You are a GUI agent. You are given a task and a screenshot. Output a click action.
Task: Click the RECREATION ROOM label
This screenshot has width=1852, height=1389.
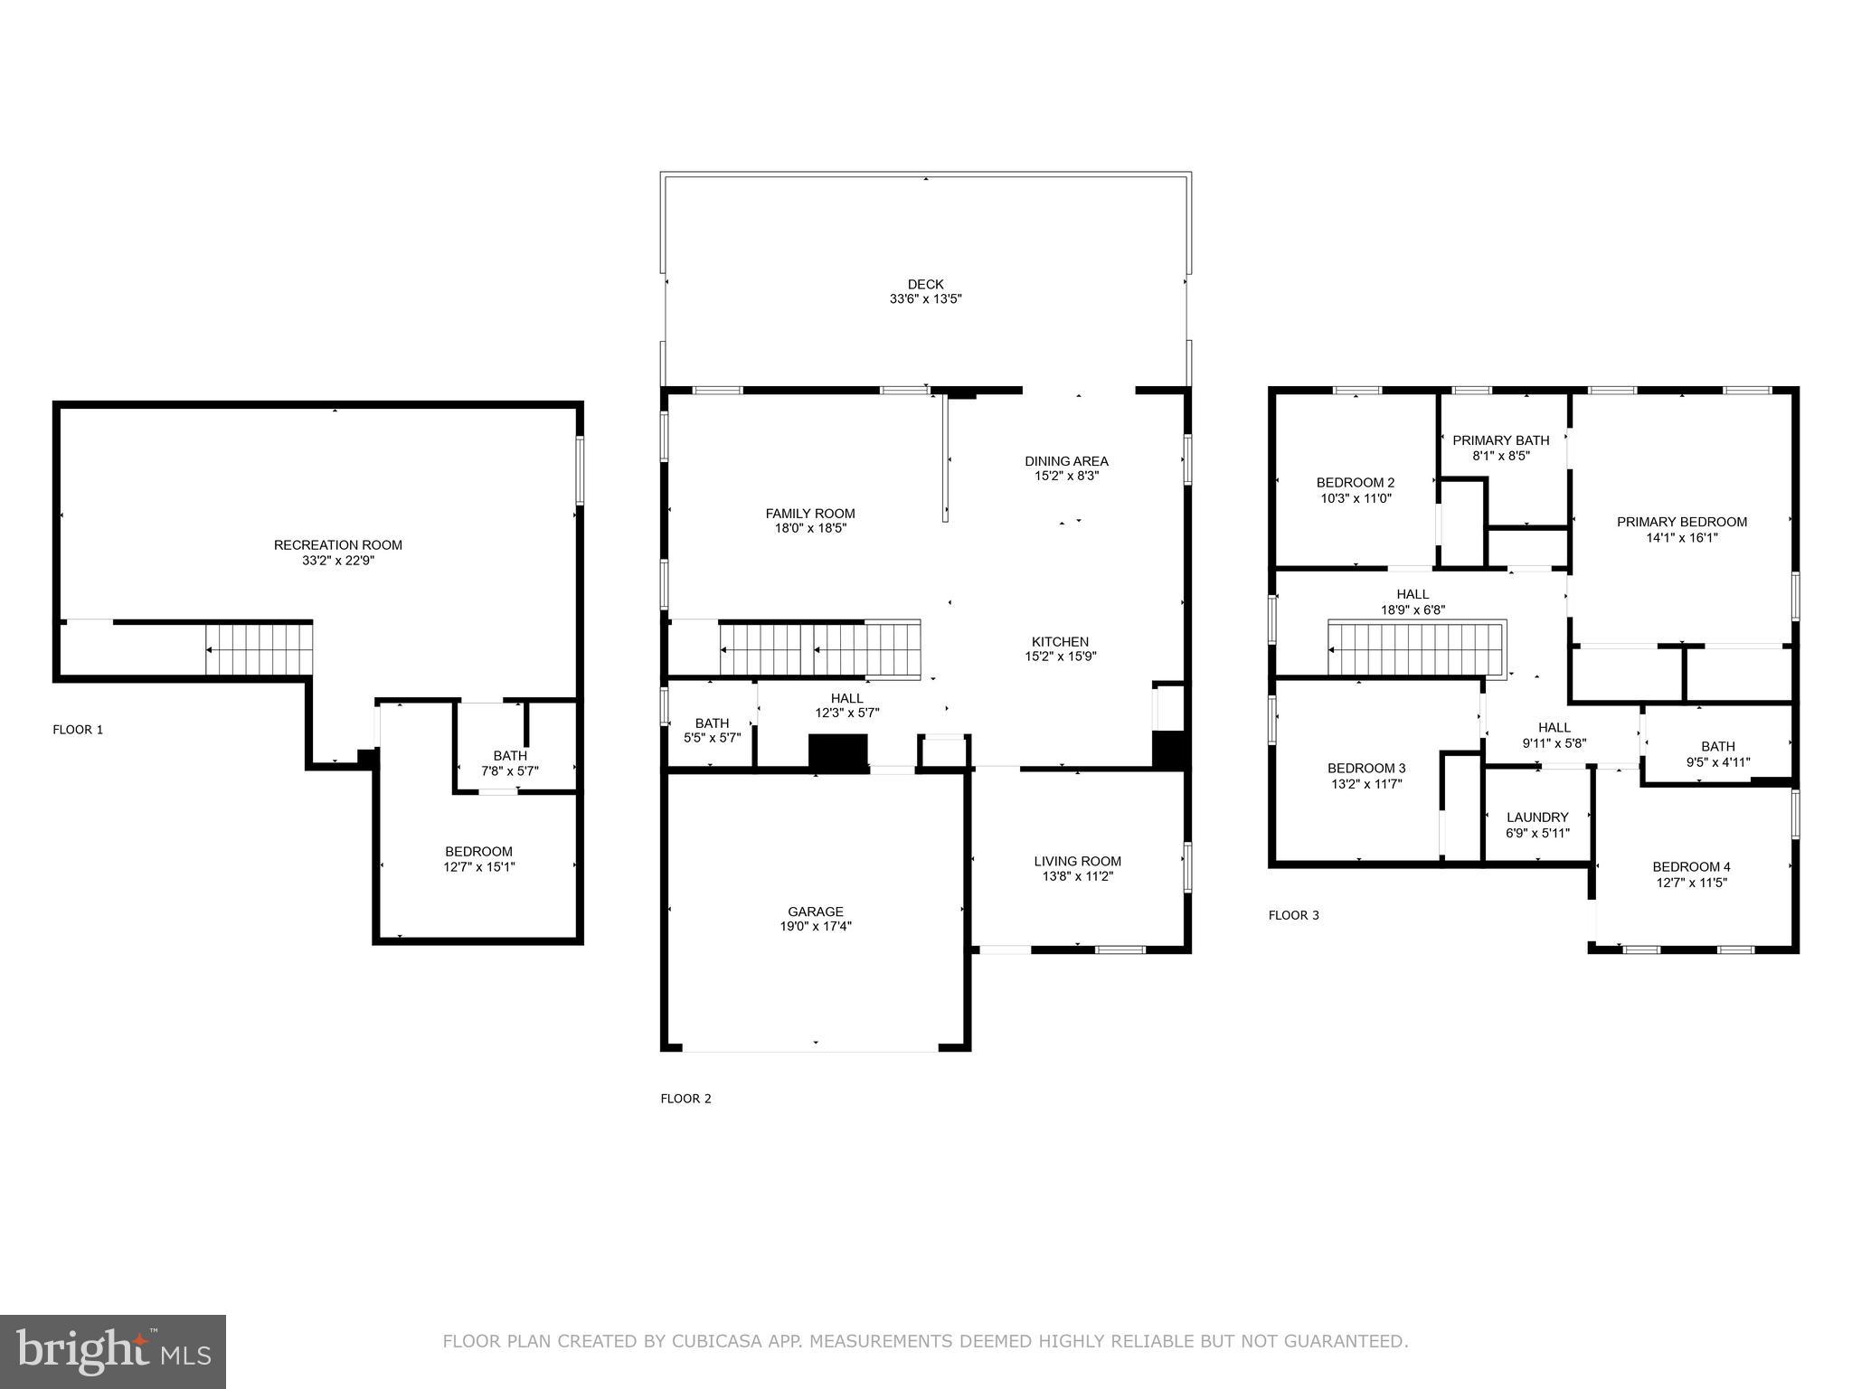pyautogui.click(x=337, y=544)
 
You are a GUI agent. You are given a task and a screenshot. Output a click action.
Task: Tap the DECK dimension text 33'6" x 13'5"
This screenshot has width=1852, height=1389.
pyautogui.click(x=925, y=298)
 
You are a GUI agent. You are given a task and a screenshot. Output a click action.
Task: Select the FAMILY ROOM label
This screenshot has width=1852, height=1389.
pyautogui.click(x=809, y=514)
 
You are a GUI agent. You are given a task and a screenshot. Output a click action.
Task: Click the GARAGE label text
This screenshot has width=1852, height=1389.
pyautogui.click(x=815, y=912)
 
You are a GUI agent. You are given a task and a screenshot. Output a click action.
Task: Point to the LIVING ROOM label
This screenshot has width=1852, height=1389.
pyautogui.click(x=1077, y=861)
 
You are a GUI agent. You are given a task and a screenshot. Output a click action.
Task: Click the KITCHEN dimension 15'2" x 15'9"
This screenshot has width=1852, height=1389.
pyautogui.click(x=1060, y=657)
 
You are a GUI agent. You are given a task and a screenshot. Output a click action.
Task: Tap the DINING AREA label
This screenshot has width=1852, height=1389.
pyautogui.click(x=1066, y=460)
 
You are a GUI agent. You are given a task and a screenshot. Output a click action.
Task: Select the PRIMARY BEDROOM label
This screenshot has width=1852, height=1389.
pyautogui.click(x=1681, y=522)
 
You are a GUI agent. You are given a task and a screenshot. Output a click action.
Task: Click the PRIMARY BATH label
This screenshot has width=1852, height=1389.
pyautogui.click(x=1500, y=440)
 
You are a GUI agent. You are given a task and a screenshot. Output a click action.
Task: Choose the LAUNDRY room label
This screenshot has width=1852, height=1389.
pyautogui.click(x=1537, y=817)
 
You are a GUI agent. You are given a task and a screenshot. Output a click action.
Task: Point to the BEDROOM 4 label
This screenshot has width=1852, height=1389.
pyautogui.click(x=1691, y=866)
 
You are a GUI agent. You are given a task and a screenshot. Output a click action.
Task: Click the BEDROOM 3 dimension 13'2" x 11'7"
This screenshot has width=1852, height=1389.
pyautogui.click(x=1365, y=784)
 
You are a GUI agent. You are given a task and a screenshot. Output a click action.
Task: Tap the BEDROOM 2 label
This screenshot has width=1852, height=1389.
pyautogui.click(x=1355, y=482)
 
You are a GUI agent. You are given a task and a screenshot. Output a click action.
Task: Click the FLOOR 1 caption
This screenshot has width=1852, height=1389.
pyautogui.click(x=78, y=730)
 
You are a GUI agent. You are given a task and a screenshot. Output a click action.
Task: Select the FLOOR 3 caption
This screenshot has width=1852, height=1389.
pyautogui.click(x=1293, y=915)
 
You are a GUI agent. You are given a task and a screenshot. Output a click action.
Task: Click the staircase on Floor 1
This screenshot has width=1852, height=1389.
pyautogui.click(x=259, y=649)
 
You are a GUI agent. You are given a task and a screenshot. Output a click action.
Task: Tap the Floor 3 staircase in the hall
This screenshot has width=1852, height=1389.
pyautogui.click(x=1415, y=648)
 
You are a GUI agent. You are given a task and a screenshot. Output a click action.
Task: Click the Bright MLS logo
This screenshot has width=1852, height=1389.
pyautogui.click(x=113, y=1352)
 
